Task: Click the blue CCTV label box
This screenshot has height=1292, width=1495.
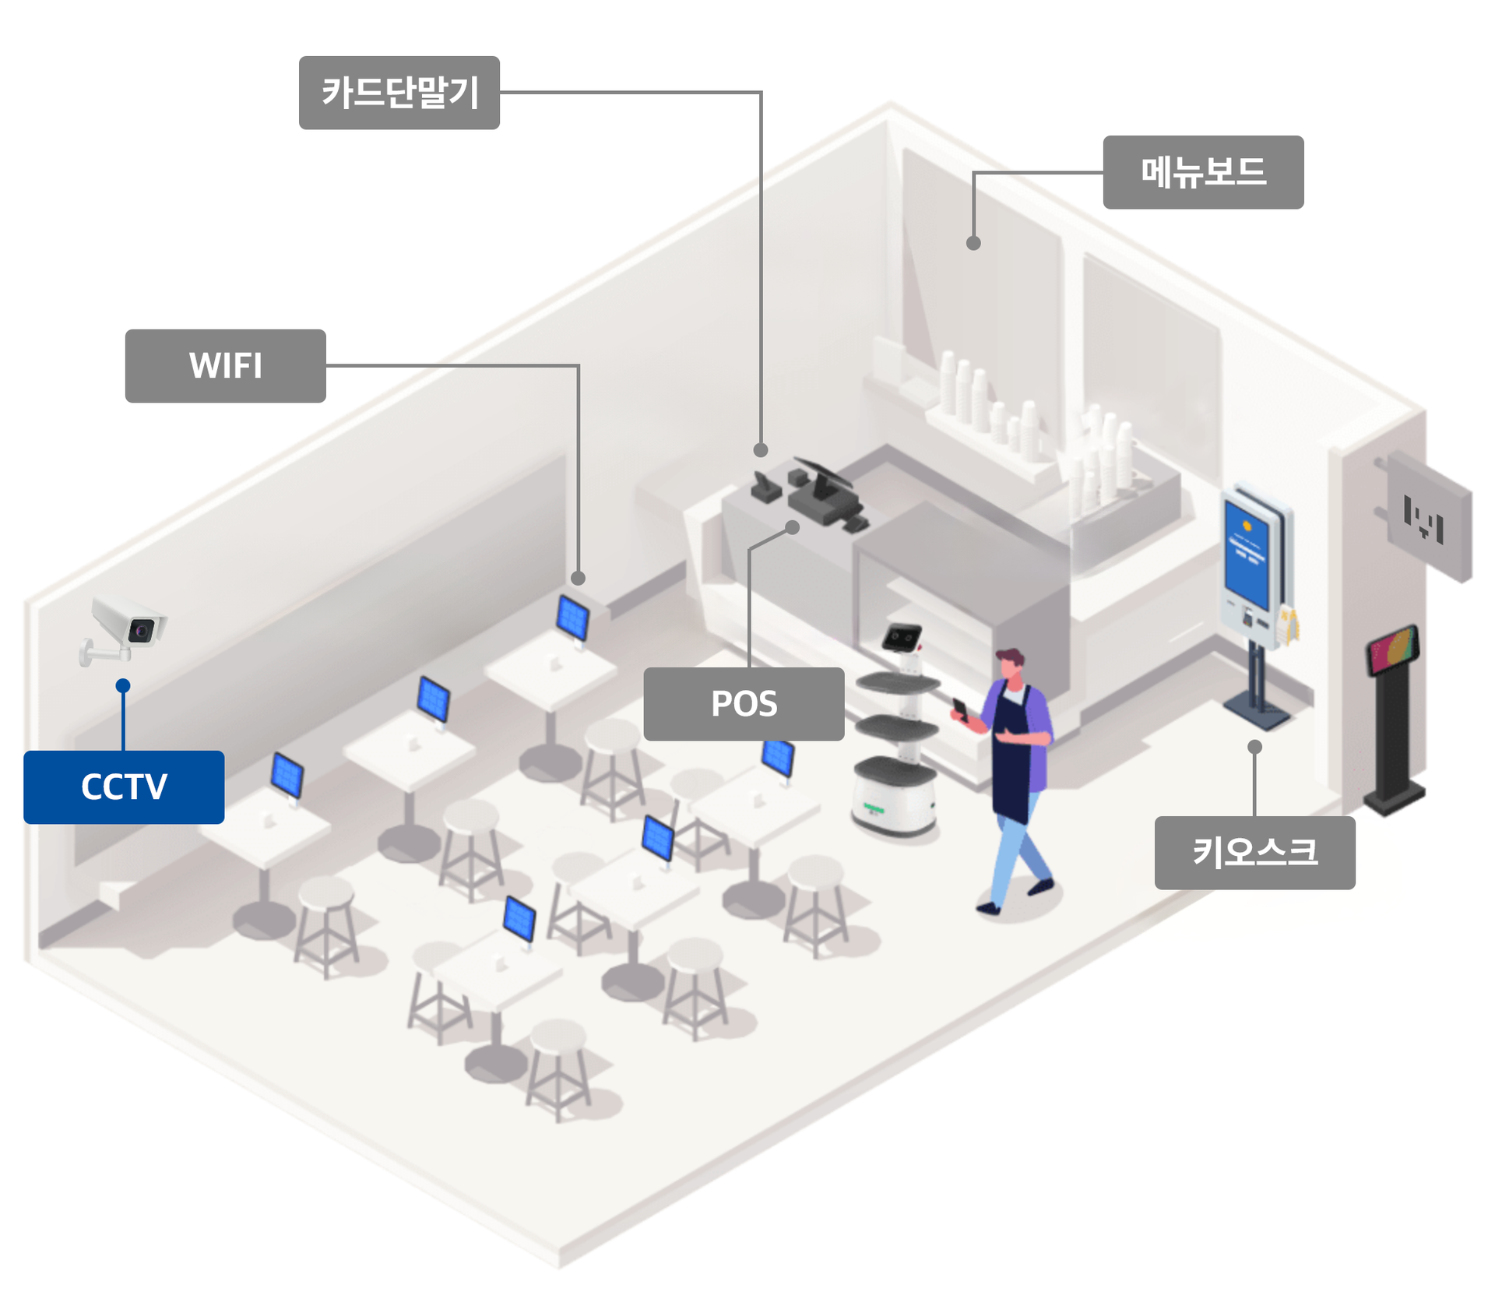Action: point(124,787)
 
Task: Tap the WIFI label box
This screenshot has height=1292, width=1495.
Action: point(225,365)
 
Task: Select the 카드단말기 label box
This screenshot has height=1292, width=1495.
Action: point(399,92)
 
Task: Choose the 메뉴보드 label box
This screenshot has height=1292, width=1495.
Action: point(1203,172)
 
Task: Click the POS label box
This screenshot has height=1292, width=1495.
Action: point(744,703)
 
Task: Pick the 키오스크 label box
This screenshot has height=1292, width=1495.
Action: point(1254,852)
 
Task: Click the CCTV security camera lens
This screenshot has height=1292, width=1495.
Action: point(141,630)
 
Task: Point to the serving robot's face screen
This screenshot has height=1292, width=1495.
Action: point(902,638)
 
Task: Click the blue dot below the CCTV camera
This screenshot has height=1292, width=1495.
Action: point(123,685)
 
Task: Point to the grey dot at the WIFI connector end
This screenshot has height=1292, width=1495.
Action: point(578,578)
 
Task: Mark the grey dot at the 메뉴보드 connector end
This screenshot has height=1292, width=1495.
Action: point(973,243)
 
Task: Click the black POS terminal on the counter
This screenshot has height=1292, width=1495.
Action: point(824,491)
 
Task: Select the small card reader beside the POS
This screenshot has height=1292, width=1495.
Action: point(765,488)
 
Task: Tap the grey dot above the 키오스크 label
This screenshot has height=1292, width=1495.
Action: point(1254,746)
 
